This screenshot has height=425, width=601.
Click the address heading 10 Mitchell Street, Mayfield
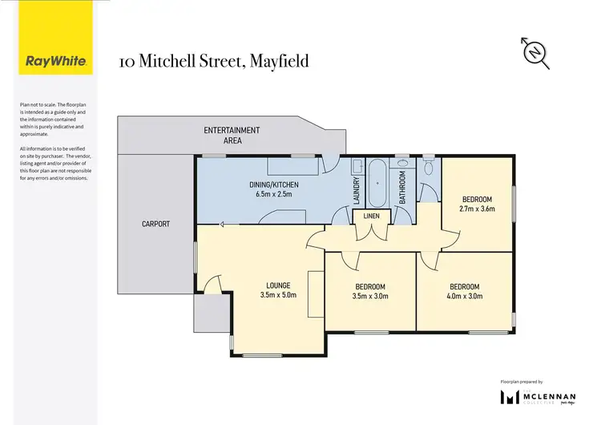[213, 61]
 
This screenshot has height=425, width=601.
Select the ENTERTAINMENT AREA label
[232, 135]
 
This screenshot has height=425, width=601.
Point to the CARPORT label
[156, 225]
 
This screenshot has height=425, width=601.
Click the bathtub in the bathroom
[377, 184]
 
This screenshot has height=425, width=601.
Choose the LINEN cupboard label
[371, 217]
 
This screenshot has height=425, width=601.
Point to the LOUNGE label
[278, 285]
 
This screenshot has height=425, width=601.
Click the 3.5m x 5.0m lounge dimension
[278, 296]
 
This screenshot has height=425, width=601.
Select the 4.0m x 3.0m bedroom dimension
[465, 297]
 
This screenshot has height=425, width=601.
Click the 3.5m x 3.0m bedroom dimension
[370, 297]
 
